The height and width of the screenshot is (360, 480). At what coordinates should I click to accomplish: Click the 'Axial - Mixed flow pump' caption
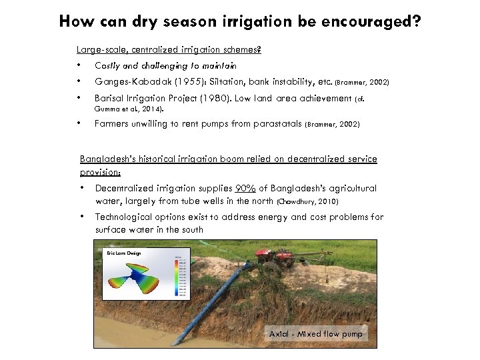[315, 333]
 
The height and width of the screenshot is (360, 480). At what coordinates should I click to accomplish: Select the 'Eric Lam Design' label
[124, 253]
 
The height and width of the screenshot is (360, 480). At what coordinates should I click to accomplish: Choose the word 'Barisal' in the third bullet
[111, 99]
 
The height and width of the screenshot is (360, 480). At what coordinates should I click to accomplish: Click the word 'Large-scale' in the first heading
[100, 49]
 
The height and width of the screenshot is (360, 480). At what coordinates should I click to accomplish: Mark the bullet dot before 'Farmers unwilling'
[79, 123]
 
